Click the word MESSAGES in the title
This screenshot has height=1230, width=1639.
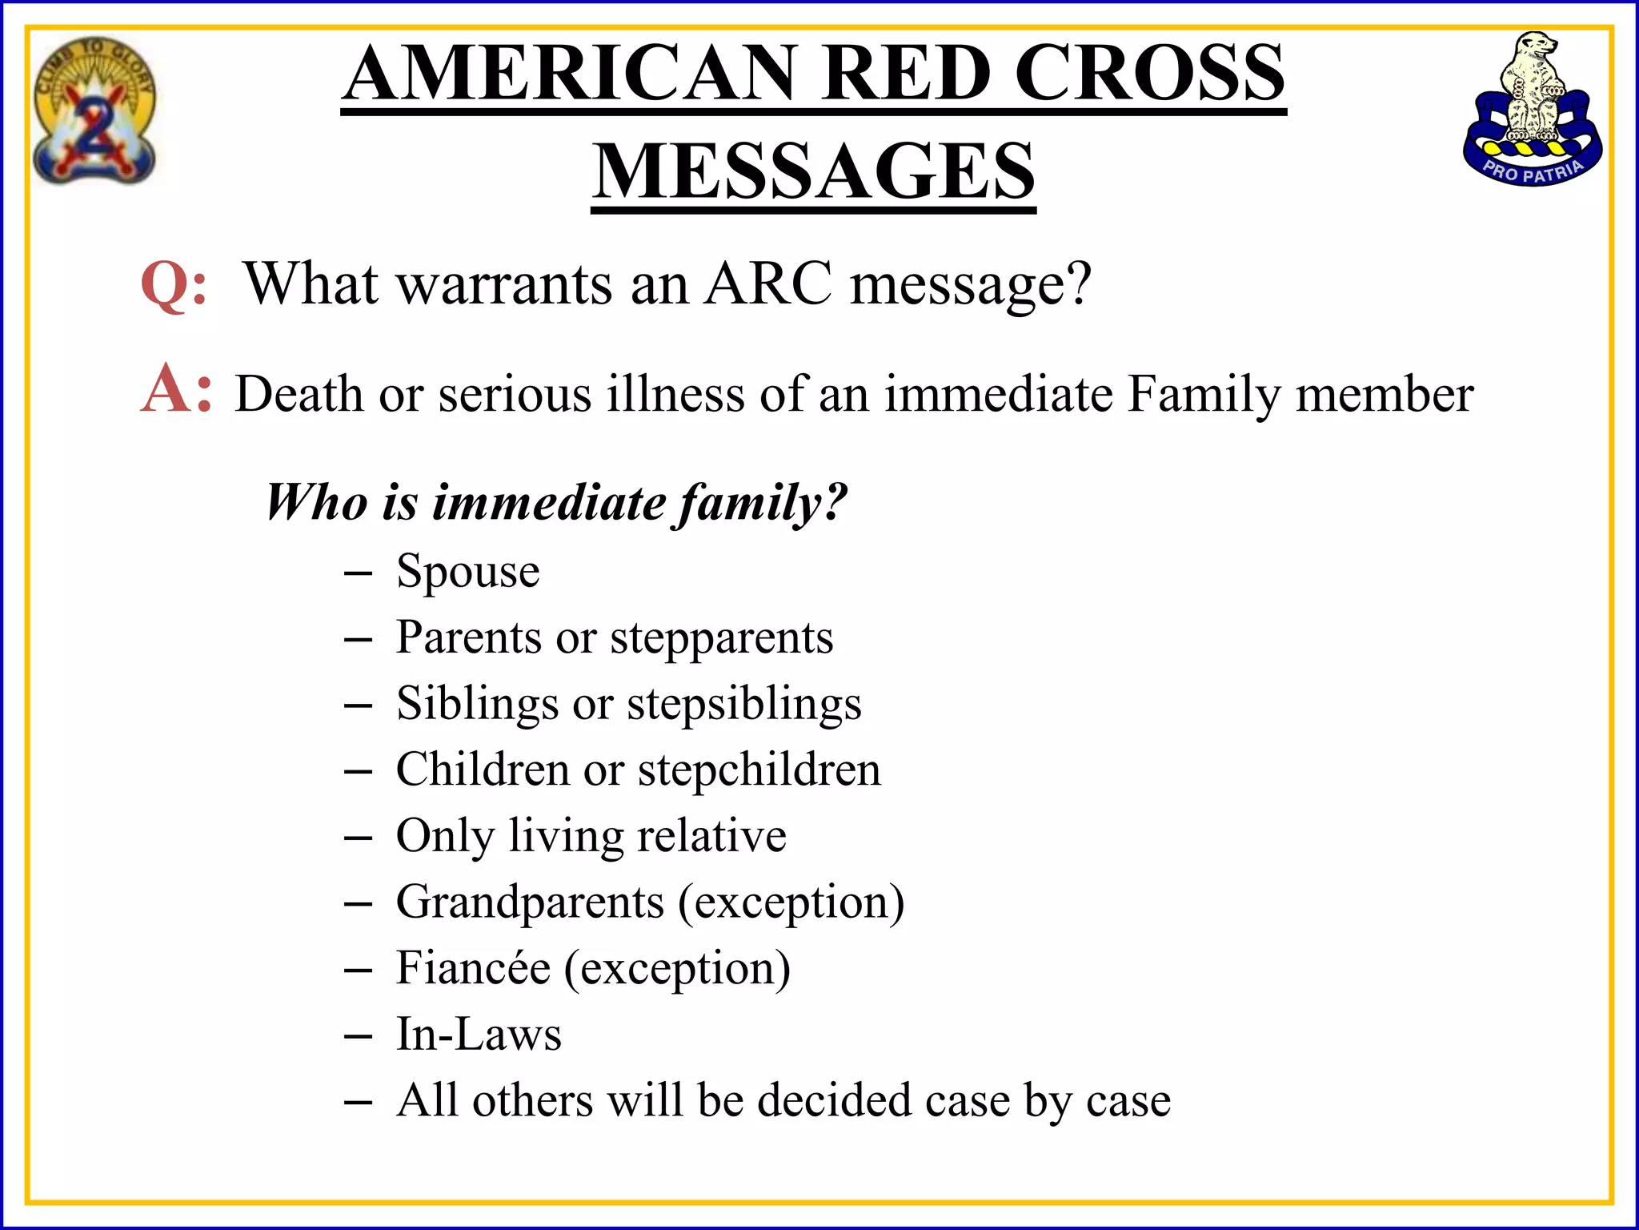click(813, 171)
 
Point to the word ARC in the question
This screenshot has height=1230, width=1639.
click(768, 284)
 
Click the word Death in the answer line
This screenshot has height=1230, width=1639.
click(299, 394)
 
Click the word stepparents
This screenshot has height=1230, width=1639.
click(721, 639)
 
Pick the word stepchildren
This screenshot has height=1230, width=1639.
click(759, 770)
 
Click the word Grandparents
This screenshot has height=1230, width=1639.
click(530, 902)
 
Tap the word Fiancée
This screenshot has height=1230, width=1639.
click(473, 968)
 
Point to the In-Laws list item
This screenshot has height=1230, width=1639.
click(479, 1034)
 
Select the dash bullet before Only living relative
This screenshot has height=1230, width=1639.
click(358, 838)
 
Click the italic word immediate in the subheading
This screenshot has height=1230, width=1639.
click(549, 503)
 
